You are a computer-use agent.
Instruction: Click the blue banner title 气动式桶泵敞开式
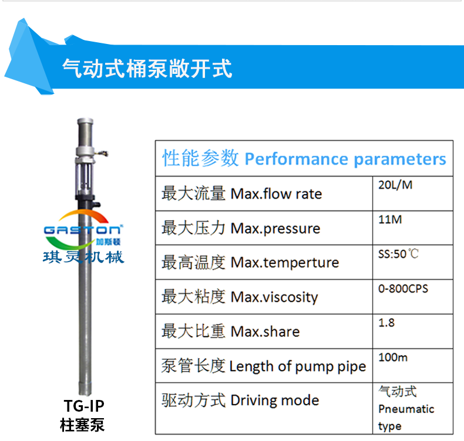click(x=147, y=69)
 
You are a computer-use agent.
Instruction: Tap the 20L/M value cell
click(x=395, y=185)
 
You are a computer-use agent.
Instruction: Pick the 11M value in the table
click(x=390, y=219)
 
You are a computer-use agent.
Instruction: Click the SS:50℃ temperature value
click(x=398, y=254)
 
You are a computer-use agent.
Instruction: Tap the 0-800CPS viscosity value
click(x=403, y=289)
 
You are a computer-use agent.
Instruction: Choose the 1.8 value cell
click(x=386, y=323)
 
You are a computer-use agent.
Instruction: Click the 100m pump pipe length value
click(x=393, y=357)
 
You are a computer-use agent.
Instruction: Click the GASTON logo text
click(x=83, y=230)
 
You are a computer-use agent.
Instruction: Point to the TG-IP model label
click(x=84, y=406)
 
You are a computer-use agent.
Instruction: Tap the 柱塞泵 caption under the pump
click(x=82, y=425)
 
